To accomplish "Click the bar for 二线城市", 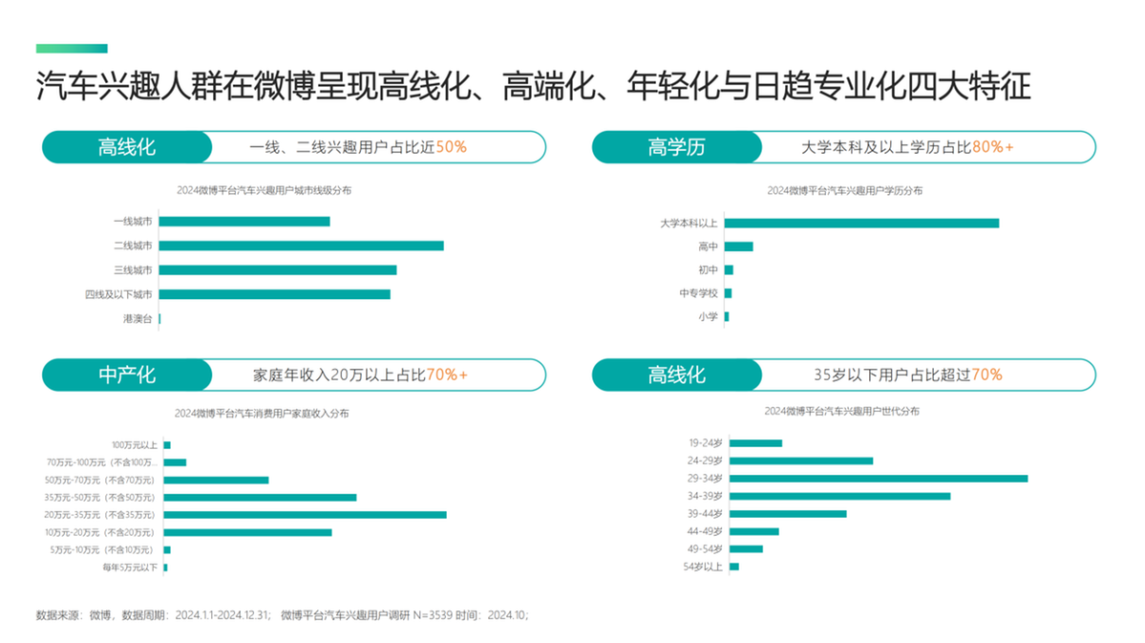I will pos(301,246).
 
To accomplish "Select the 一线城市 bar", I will pos(244,222).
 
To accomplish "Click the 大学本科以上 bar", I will pos(861,223).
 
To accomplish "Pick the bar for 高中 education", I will pos(738,246).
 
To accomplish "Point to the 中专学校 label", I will pos(698,293).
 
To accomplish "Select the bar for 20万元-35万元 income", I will pos(305,515).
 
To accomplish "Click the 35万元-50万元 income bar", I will pos(260,498).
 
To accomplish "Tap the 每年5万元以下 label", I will pos(130,568).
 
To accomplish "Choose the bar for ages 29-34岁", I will pos(879,478).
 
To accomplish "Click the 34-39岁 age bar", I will pos(839,496).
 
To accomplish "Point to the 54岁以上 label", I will pos(703,567).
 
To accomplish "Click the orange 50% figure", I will pos(451,147).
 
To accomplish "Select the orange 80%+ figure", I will pos(993,147).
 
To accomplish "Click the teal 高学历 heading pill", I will pos(676,147).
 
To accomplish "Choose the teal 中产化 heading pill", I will pos(126,375).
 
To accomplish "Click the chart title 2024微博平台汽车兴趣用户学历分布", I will pos(844,191).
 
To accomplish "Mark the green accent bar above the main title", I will pos(72,49).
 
